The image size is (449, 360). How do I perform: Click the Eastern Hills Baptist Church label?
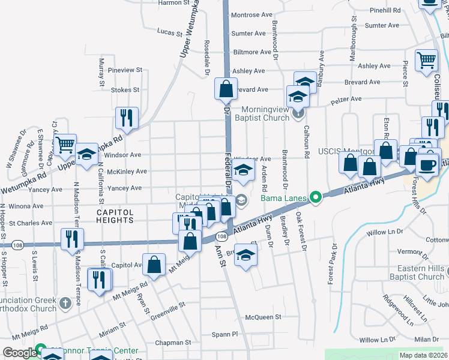pos(415,272)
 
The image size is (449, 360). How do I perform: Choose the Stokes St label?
pos(125,90)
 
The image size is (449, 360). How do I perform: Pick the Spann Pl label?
pos(224,334)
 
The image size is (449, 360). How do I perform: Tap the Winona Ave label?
pos(22,206)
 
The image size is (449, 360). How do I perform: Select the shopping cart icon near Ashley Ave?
pos(427,59)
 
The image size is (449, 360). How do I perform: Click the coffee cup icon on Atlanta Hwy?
pos(426,164)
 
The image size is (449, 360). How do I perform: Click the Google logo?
pos(20,353)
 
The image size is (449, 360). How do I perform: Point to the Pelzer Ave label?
pos(348,99)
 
